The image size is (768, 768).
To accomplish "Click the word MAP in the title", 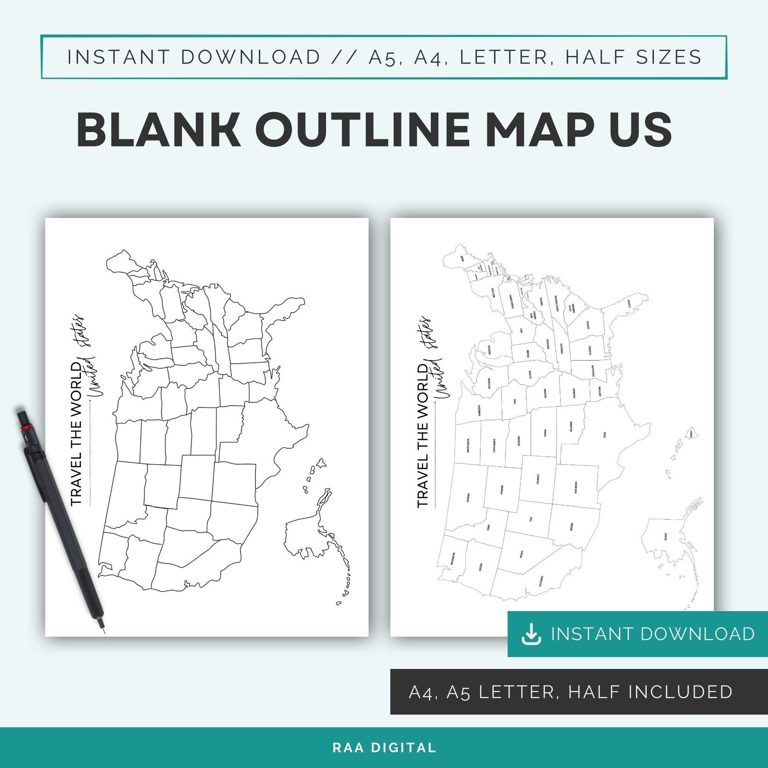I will click(x=539, y=129).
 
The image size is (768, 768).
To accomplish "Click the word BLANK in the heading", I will click(x=159, y=129).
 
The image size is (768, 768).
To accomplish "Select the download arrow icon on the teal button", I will click(x=531, y=634).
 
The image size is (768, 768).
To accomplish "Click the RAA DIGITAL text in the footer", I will click(x=384, y=748).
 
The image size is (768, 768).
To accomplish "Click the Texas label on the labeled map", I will click(x=605, y=435).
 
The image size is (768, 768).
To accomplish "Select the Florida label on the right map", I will click(x=629, y=304).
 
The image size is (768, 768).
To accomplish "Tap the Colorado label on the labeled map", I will click(x=538, y=479).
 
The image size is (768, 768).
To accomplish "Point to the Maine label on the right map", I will click(x=462, y=259).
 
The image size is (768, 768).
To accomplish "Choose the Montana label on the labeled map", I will click(x=468, y=497).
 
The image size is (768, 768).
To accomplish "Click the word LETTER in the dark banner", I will click(x=516, y=692).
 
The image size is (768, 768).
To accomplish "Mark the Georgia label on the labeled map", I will click(x=588, y=325).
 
